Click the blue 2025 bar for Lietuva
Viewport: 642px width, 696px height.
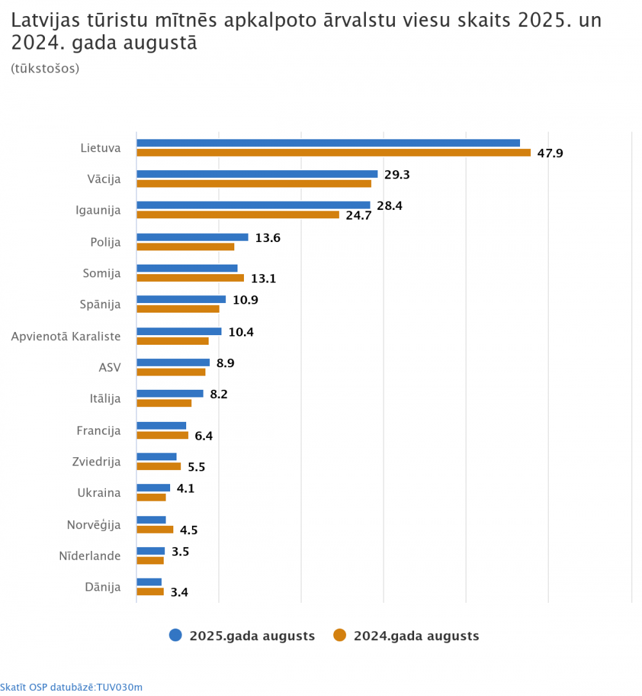coord(328,143)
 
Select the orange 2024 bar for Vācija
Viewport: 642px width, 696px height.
coord(254,184)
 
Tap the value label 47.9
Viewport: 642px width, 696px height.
coord(550,153)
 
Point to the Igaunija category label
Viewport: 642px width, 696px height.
coord(98,210)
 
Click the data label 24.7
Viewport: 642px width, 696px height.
coord(359,216)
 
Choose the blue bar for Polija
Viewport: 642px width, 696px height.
coord(192,237)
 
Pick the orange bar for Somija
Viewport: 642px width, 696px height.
coord(190,278)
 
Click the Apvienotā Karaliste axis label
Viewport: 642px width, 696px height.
coord(65,336)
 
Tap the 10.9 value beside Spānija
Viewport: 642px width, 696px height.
coord(246,300)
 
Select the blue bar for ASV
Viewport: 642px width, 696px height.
coord(173,362)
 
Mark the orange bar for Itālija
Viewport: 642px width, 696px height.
coord(164,403)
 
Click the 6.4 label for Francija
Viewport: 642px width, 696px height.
coord(204,436)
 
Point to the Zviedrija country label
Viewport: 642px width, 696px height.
coord(96,461)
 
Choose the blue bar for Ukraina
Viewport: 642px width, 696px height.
coord(153,487)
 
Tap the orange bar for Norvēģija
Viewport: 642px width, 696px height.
coord(155,530)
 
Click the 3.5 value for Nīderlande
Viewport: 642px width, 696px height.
coord(180,552)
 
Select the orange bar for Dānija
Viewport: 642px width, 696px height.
coord(150,591)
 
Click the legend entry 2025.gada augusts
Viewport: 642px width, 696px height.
coord(252,636)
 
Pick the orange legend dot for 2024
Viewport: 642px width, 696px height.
coord(340,636)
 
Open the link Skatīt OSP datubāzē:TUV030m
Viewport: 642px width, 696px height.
coord(71,687)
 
